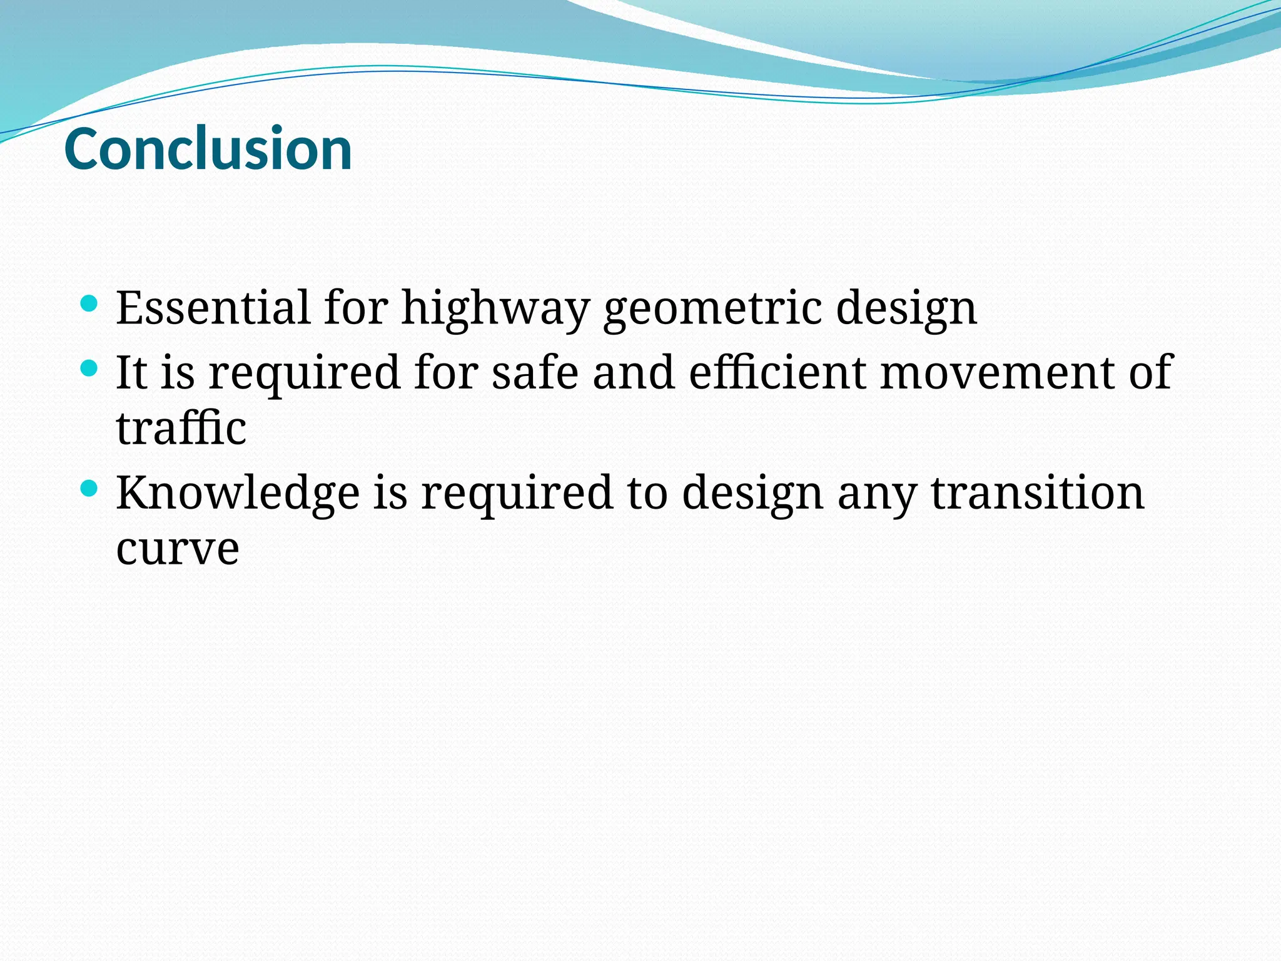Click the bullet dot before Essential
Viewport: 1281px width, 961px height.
point(89,305)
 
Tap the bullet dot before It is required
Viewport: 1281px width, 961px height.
point(89,369)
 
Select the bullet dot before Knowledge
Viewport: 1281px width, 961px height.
point(89,489)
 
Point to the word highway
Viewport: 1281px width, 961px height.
point(495,308)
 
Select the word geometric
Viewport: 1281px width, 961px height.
point(712,308)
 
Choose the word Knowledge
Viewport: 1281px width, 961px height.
point(238,492)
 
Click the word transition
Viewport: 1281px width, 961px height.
point(1038,492)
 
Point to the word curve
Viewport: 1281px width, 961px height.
point(178,549)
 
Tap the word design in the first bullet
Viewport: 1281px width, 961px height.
point(906,308)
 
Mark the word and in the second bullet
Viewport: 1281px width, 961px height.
point(634,372)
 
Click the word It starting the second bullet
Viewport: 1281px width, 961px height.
point(131,372)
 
